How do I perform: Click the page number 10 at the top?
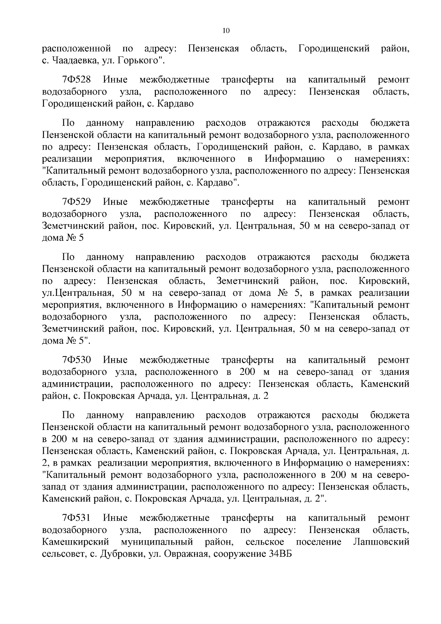click(226, 31)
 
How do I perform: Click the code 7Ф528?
click(77, 80)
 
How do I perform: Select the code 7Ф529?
click(77, 202)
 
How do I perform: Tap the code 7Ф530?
click(77, 360)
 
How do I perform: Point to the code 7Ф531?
click(76, 518)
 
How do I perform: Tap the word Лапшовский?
click(381, 542)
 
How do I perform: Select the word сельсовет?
click(64, 554)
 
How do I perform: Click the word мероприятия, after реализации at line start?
click(134, 159)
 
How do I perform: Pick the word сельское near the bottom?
click(265, 542)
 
